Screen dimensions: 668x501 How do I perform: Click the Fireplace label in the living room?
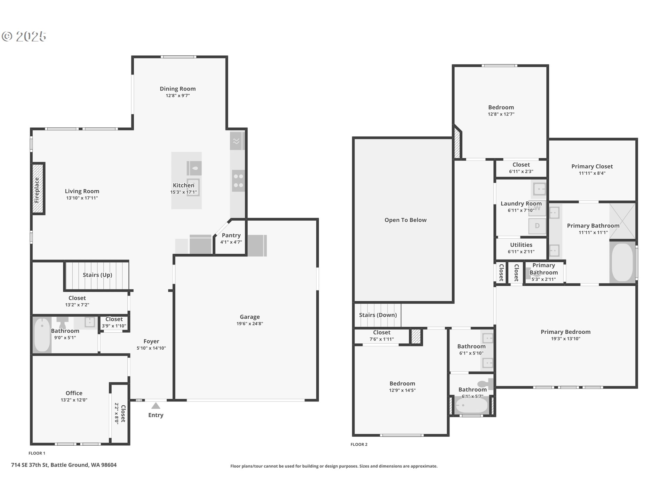click(x=37, y=190)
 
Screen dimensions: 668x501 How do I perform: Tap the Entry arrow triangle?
click(x=156, y=406)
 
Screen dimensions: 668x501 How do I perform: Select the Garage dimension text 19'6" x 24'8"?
click(x=250, y=324)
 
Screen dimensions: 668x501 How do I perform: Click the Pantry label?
click(x=231, y=236)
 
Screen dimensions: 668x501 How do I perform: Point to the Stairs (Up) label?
click(x=97, y=275)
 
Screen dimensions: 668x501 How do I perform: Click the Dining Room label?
click(x=178, y=89)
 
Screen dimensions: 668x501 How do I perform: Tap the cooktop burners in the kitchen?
click(x=238, y=181)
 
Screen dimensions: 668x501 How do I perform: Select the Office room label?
click(x=74, y=393)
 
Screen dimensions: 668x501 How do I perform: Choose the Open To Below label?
click(x=405, y=220)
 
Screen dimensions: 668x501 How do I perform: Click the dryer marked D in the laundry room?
click(x=537, y=226)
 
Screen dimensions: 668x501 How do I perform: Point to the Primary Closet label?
click(x=592, y=166)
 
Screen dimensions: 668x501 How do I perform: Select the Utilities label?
click(x=521, y=245)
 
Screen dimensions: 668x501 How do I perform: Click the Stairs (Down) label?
click(x=378, y=315)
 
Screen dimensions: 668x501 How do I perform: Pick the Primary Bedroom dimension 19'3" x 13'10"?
click(x=566, y=339)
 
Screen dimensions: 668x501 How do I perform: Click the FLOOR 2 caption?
click(x=359, y=444)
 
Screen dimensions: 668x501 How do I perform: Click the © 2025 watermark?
click(x=24, y=36)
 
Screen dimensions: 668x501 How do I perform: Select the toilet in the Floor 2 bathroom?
click(x=486, y=384)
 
